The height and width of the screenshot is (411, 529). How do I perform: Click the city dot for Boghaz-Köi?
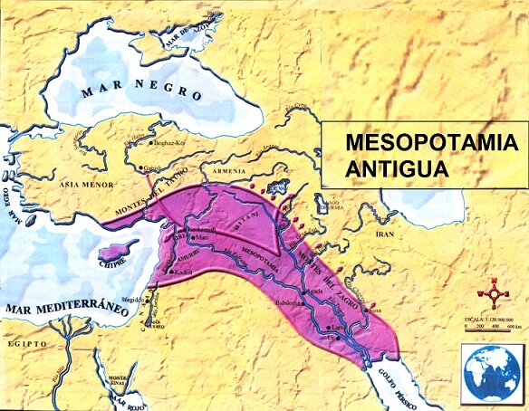[x=151, y=144]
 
